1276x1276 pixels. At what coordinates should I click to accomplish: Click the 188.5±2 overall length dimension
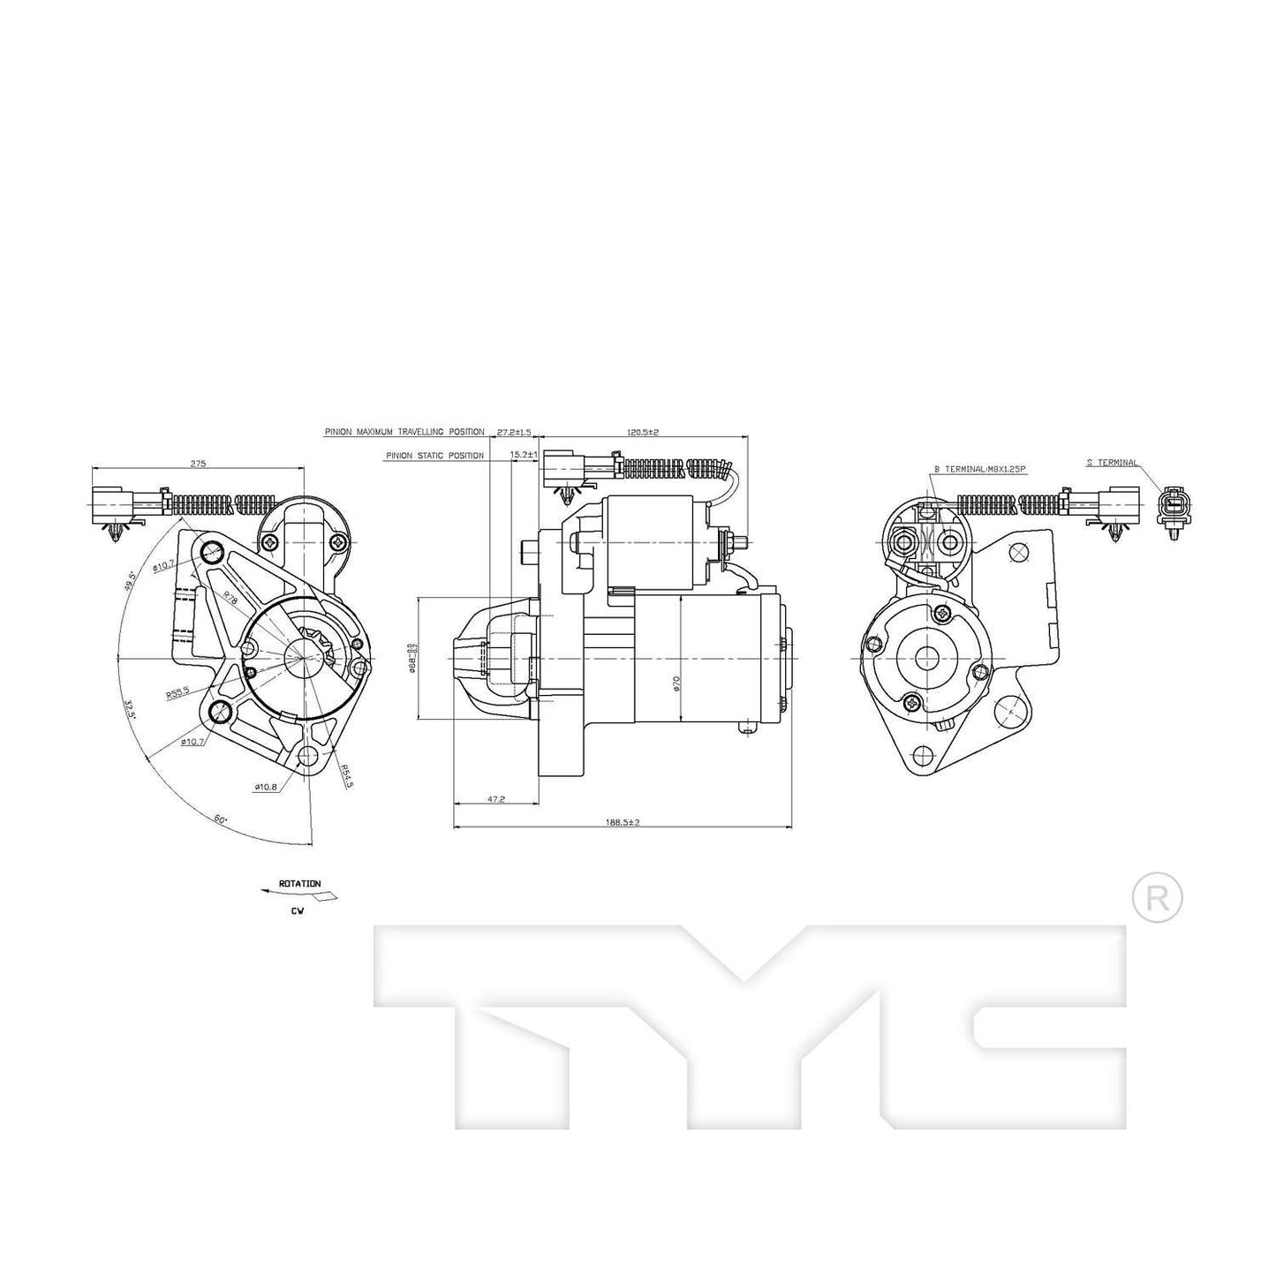pos(622,821)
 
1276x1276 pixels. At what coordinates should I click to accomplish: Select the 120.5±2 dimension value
pos(644,432)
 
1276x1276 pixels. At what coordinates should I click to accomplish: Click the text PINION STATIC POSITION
pos(434,456)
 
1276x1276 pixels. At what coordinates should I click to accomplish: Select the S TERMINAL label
pos(1113,462)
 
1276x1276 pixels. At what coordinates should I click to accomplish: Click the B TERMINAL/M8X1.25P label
pos(979,470)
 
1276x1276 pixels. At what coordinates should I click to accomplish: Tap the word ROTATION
pos(299,883)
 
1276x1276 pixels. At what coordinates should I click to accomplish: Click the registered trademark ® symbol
pos(1157,899)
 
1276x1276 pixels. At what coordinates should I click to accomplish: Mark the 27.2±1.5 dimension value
pos(514,432)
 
